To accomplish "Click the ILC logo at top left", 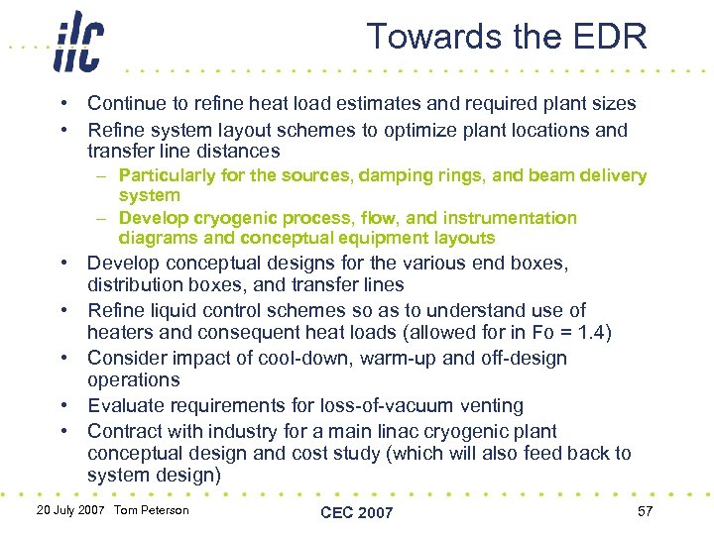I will [78, 41].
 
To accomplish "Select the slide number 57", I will [645, 510].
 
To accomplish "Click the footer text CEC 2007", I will [357, 511].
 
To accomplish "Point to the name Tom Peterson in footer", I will [151, 510].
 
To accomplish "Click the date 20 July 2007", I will [70, 510].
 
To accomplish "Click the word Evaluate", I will [125, 405].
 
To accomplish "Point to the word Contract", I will [124, 431].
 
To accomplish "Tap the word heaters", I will [119, 332].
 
